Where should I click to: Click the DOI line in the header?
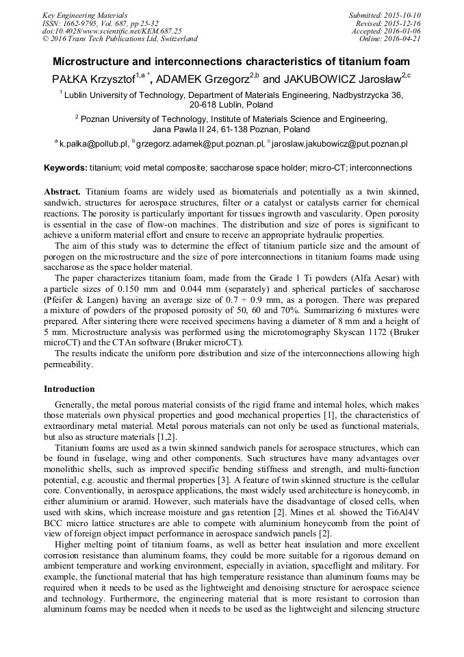click(112, 31)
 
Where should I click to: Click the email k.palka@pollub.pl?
click(94, 144)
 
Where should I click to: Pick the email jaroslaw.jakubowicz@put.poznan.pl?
click(340, 144)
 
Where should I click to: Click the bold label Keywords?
click(66, 167)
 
